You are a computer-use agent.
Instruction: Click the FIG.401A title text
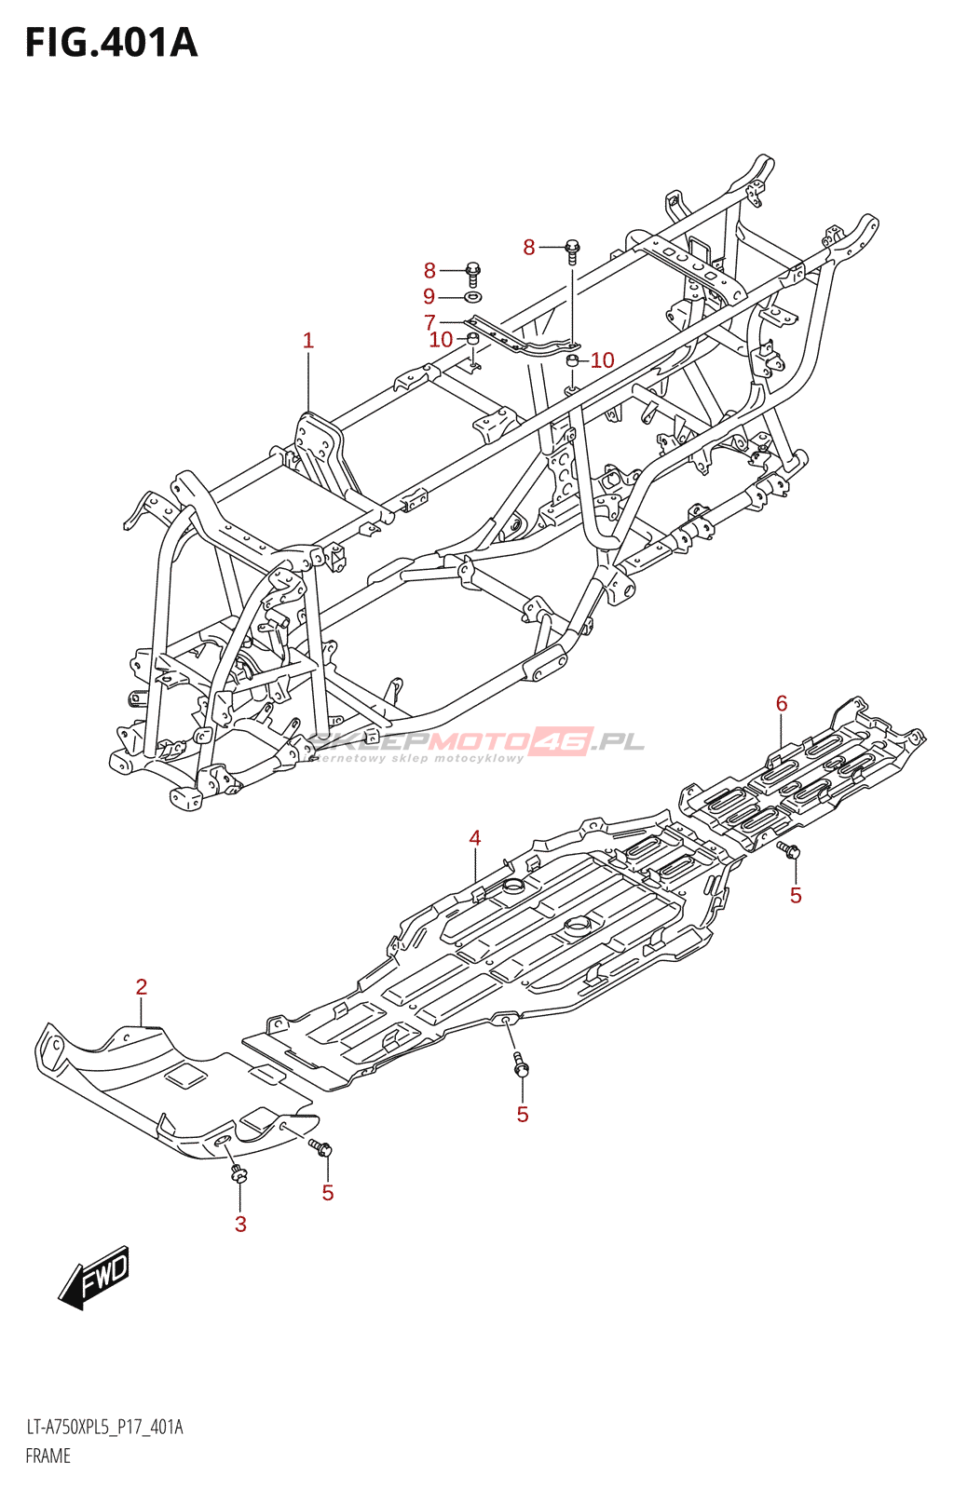pyautogui.click(x=111, y=43)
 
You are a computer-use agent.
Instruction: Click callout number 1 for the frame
pyautogui.click(x=307, y=341)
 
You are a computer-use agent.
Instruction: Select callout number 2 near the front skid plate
pyautogui.click(x=141, y=987)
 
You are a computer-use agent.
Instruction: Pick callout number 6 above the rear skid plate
pyautogui.click(x=781, y=703)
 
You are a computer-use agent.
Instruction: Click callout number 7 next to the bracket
pyautogui.click(x=429, y=322)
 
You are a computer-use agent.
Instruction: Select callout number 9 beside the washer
pyautogui.click(x=429, y=296)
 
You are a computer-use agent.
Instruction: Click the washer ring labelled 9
pyautogui.click(x=472, y=295)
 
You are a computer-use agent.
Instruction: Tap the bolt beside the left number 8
pyautogui.click(x=473, y=274)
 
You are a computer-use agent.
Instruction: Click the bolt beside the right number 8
pyautogui.click(x=572, y=250)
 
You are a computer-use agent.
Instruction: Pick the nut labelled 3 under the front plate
pyautogui.click(x=238, y=1174)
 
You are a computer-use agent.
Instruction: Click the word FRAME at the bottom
pyautogui.click(x=48, y=1470)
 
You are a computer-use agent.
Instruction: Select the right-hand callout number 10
pyautogui.click(x=602, y=360)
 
